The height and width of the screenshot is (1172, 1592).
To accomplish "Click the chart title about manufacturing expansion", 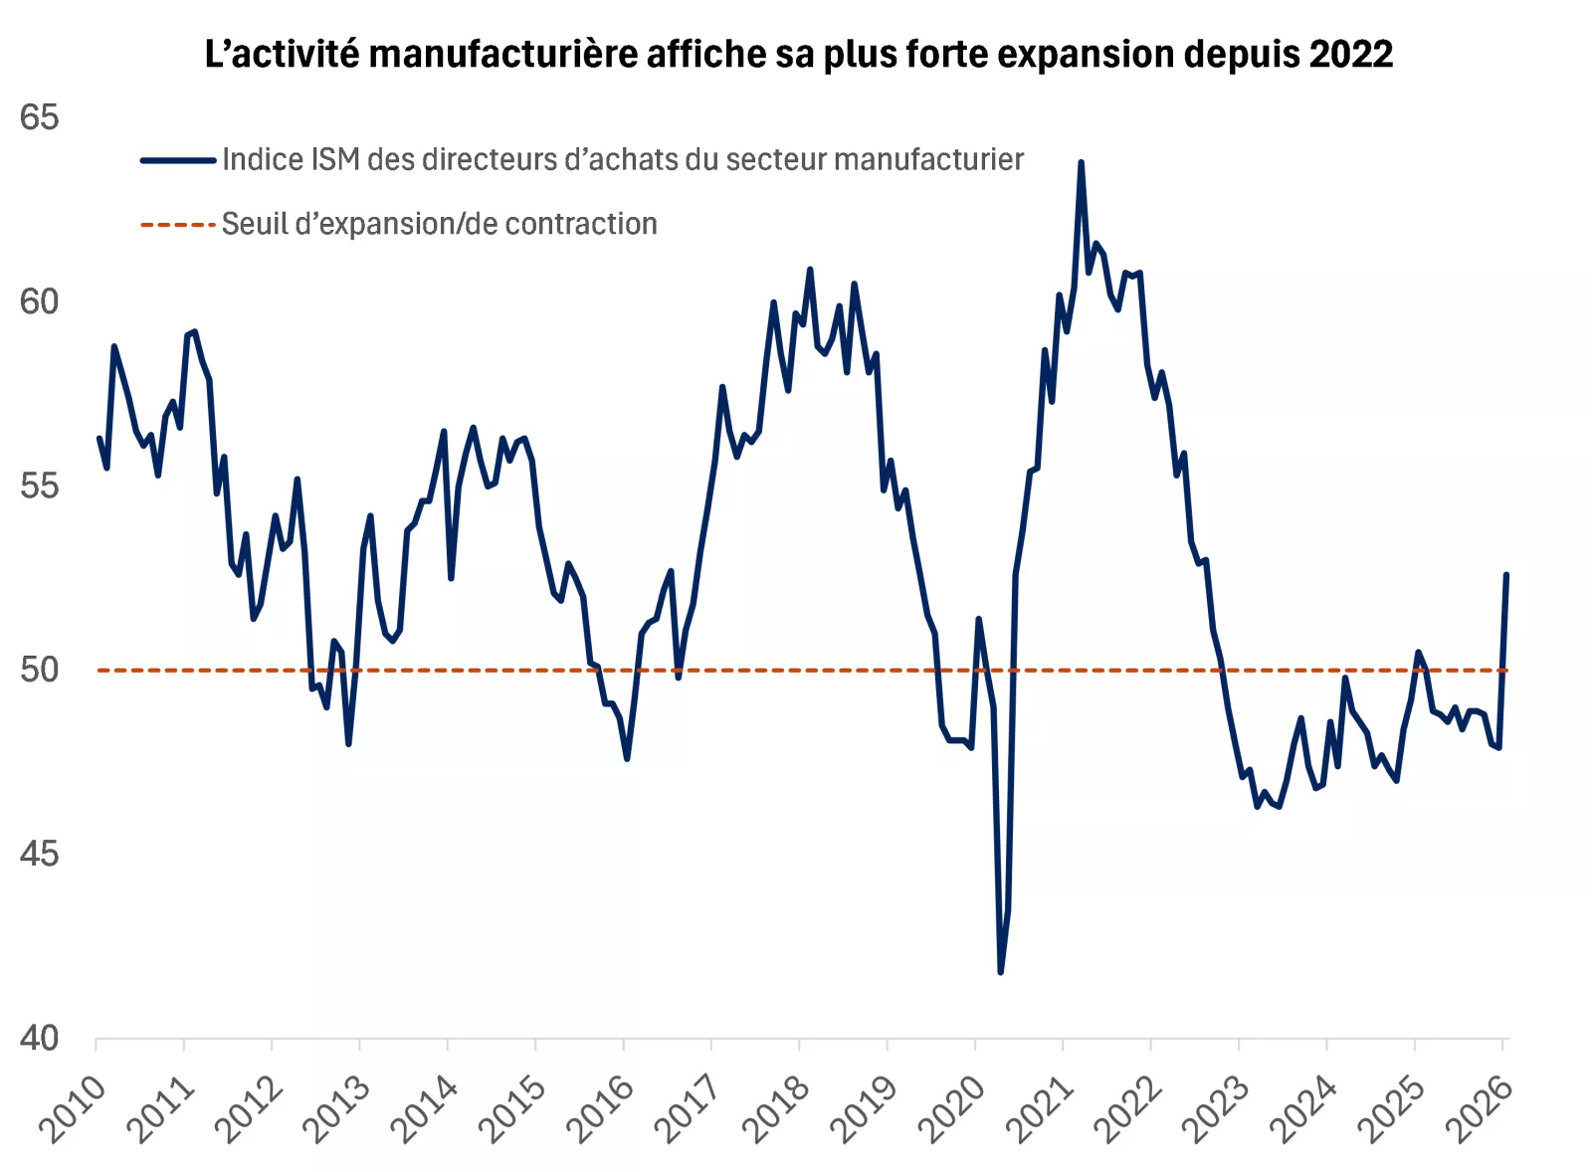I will (x=798, y=54).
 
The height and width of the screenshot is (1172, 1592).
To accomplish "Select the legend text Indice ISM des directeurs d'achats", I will (x=622, y=159).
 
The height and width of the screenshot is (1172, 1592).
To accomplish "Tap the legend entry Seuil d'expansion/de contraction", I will (x=439, y=224).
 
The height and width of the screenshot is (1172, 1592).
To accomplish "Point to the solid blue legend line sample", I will (x=178, y=160).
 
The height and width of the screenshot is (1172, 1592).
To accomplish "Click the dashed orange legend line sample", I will (x=178, y=225).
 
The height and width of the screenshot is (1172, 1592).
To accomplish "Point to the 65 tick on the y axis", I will (x=40, y=117).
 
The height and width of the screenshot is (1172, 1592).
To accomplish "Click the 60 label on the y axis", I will (x=40, y=301).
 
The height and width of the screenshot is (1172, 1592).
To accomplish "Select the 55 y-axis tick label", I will (x=40, y=486).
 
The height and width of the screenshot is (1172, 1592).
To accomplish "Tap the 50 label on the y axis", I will (x=40, y=670).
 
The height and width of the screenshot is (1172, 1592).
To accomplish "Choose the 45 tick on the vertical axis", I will (x=40, y=854).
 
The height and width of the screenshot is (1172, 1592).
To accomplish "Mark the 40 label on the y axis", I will (x=40, y=1038).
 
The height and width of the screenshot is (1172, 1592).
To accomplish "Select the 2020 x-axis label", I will (x=952, y=1108).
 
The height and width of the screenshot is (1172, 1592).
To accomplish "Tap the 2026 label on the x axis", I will (x=1480, y=1108).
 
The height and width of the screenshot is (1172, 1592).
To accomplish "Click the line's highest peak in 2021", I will (x=1081, y=162).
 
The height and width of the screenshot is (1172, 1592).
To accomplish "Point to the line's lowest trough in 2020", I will (x=1000, y=972).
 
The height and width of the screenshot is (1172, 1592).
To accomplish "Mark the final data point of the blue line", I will (x=1506, y=574).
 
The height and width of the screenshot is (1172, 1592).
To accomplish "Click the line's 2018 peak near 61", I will (x=810, y=269).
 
